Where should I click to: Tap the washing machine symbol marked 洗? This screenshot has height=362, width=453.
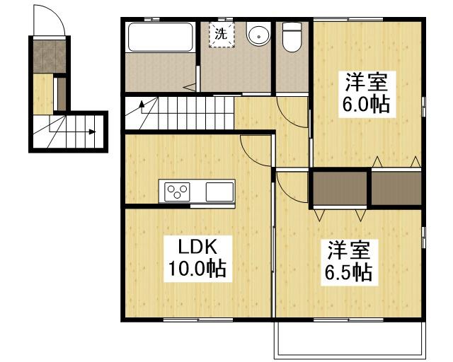coord(221,34)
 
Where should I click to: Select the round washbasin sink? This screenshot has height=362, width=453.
coord(258,35)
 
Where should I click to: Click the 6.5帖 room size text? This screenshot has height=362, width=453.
coord(348,272)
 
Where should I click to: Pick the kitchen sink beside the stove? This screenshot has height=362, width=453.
coord(219,191)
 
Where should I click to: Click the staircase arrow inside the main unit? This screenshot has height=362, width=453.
coord(142,107)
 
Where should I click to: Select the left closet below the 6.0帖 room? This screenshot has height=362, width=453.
coord(340,187)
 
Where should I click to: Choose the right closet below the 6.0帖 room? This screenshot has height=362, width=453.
coord(396,187)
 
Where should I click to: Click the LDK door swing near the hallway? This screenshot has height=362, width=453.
coord(256,148)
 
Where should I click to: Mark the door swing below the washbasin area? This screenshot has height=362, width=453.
coord(291,110)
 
